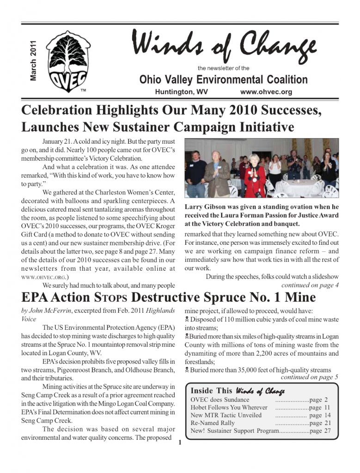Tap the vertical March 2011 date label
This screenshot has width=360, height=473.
(33, 59)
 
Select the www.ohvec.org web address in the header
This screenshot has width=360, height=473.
(266, 92)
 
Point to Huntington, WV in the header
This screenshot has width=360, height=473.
(181, 92)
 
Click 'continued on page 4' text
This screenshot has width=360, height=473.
(310, 285)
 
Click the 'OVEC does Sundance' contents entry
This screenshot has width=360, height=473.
(220, 400)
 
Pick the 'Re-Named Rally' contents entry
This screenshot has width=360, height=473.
(213, 423)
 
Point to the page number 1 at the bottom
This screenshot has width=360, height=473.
(180, 444)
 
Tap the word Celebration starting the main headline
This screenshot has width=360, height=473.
(56, 111)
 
